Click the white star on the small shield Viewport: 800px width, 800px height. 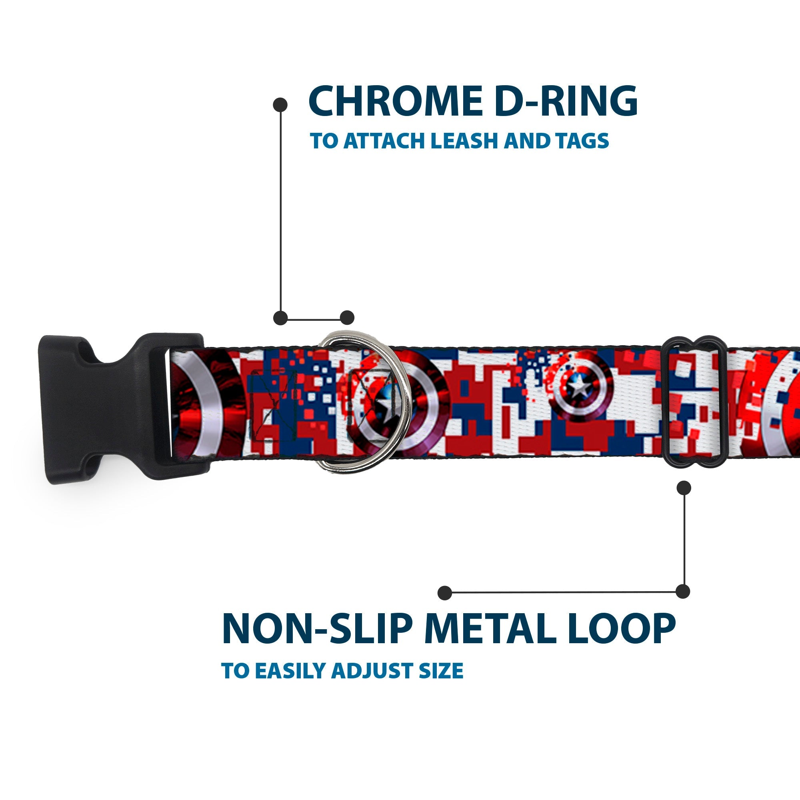(x=579, y=387)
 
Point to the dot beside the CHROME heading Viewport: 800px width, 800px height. (x=280, y=104)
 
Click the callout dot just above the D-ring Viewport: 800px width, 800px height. (x=347, y=318)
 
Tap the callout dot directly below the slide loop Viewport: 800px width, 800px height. (x=684, y=488)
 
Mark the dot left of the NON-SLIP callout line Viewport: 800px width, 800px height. (x=444, y=592)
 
